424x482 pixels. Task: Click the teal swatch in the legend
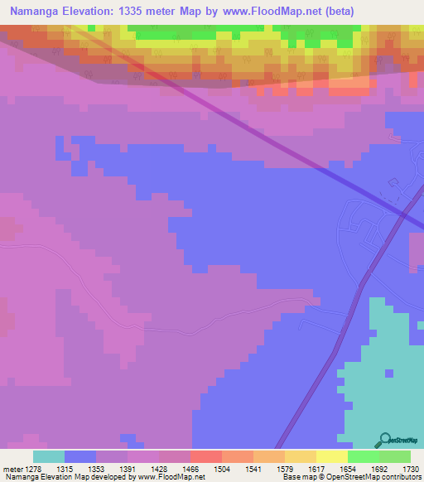pyautogui.click(x=49, y=456)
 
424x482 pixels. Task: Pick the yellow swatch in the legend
pyautogui.click(x=331, y=456)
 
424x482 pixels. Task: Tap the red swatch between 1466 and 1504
pyautogui.click(x=205, y=456)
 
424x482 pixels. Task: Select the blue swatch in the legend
pyautogui.click(x=80, y=456)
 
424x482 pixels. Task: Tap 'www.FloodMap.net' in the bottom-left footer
pyautogui.click(x=171, y=478)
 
